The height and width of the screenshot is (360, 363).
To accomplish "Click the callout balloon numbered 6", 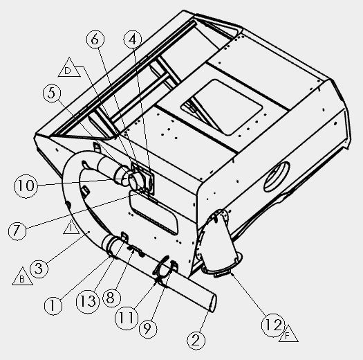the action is (x=95, y=39).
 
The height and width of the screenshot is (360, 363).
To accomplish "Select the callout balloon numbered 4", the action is (x=133, y=39).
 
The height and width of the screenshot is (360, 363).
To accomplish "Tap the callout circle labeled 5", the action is (x=52, y=93).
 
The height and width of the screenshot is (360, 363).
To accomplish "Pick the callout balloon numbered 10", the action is (x=26, y=186).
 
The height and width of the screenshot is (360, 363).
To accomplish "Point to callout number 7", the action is (x=17, y=231).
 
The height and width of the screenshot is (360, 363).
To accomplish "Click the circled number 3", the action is (x=39, y=269).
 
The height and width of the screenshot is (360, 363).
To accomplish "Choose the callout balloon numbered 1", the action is (x=53, y=305).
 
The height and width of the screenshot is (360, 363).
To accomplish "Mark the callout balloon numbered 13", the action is (x=88, y=302).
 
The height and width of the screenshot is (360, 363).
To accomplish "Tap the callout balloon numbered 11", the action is (x=127, y=318).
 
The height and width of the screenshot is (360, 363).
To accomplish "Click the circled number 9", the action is (x=148, y=328).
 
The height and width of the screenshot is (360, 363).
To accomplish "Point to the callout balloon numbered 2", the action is (x=196, y=341).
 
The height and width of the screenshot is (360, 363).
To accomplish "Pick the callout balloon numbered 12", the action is (x=273, y=325).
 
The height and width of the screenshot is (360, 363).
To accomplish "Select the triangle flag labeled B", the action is (x=22, y=278).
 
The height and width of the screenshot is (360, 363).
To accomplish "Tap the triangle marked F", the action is (x=288, y=335).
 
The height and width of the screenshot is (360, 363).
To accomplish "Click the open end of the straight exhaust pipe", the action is (x=212, y=303).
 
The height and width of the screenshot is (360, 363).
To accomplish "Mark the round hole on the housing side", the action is (x=277, y=177).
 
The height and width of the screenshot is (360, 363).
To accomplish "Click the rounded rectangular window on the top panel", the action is (x=221, y=107).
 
